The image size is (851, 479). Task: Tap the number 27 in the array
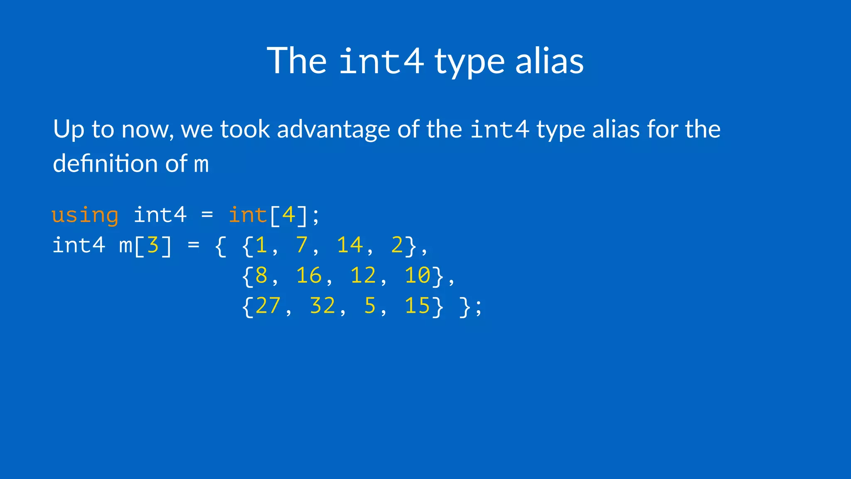pos(268,306)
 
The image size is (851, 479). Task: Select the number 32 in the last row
pos(322,306)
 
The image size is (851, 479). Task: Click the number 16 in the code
pos(309,276)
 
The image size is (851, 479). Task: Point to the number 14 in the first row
pos(349,245)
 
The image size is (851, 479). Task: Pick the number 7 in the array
pos(302,245)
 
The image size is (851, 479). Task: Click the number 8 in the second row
pos(261,276)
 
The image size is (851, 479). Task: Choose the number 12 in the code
pos(363,276)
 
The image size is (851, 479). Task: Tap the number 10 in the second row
pos(418,276)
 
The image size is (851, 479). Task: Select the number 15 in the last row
pos(418,306)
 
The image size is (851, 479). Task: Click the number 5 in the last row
pos(370,306)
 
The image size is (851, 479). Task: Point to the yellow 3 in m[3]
pos(153,245)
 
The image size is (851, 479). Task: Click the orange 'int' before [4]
pos(248,215)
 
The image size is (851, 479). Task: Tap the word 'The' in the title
pos(297,61)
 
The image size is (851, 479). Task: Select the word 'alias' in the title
pos(549,61)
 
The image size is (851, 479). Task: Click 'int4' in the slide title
pos(381,62)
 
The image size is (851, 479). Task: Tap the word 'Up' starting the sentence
pos(69,130)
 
